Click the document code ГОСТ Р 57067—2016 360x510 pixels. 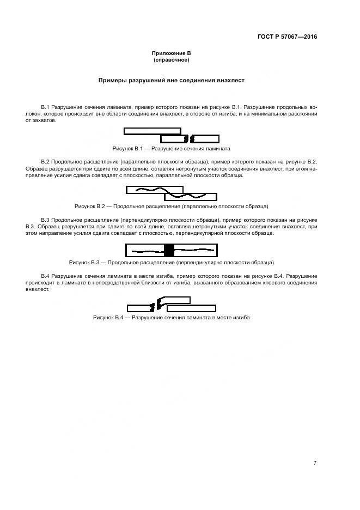[287, 37]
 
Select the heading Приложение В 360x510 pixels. [171, 53]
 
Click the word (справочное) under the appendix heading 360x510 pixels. [171, 59]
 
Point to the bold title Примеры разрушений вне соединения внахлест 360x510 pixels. [171, 80]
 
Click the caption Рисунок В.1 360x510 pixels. [171, 148]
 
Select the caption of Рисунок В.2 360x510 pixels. [171, 206]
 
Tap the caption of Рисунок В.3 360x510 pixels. [171, 262]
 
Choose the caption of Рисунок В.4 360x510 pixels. [171, 317]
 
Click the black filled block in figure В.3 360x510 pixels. [169, 250]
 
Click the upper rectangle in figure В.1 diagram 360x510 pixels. [152, 131]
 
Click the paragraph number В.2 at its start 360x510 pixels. [46, 162]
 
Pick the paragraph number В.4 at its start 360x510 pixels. [46, 276]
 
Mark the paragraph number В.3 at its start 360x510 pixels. [46, 220]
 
